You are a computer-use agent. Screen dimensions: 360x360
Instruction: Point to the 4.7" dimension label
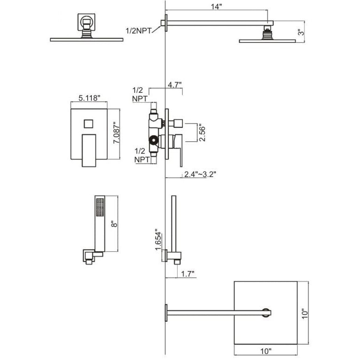175,84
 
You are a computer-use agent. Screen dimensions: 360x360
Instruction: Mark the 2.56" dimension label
201,132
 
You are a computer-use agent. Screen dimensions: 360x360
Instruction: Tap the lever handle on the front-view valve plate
87,149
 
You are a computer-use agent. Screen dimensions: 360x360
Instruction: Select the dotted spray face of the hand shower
98,207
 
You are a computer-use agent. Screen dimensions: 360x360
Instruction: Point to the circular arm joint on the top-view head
266,312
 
